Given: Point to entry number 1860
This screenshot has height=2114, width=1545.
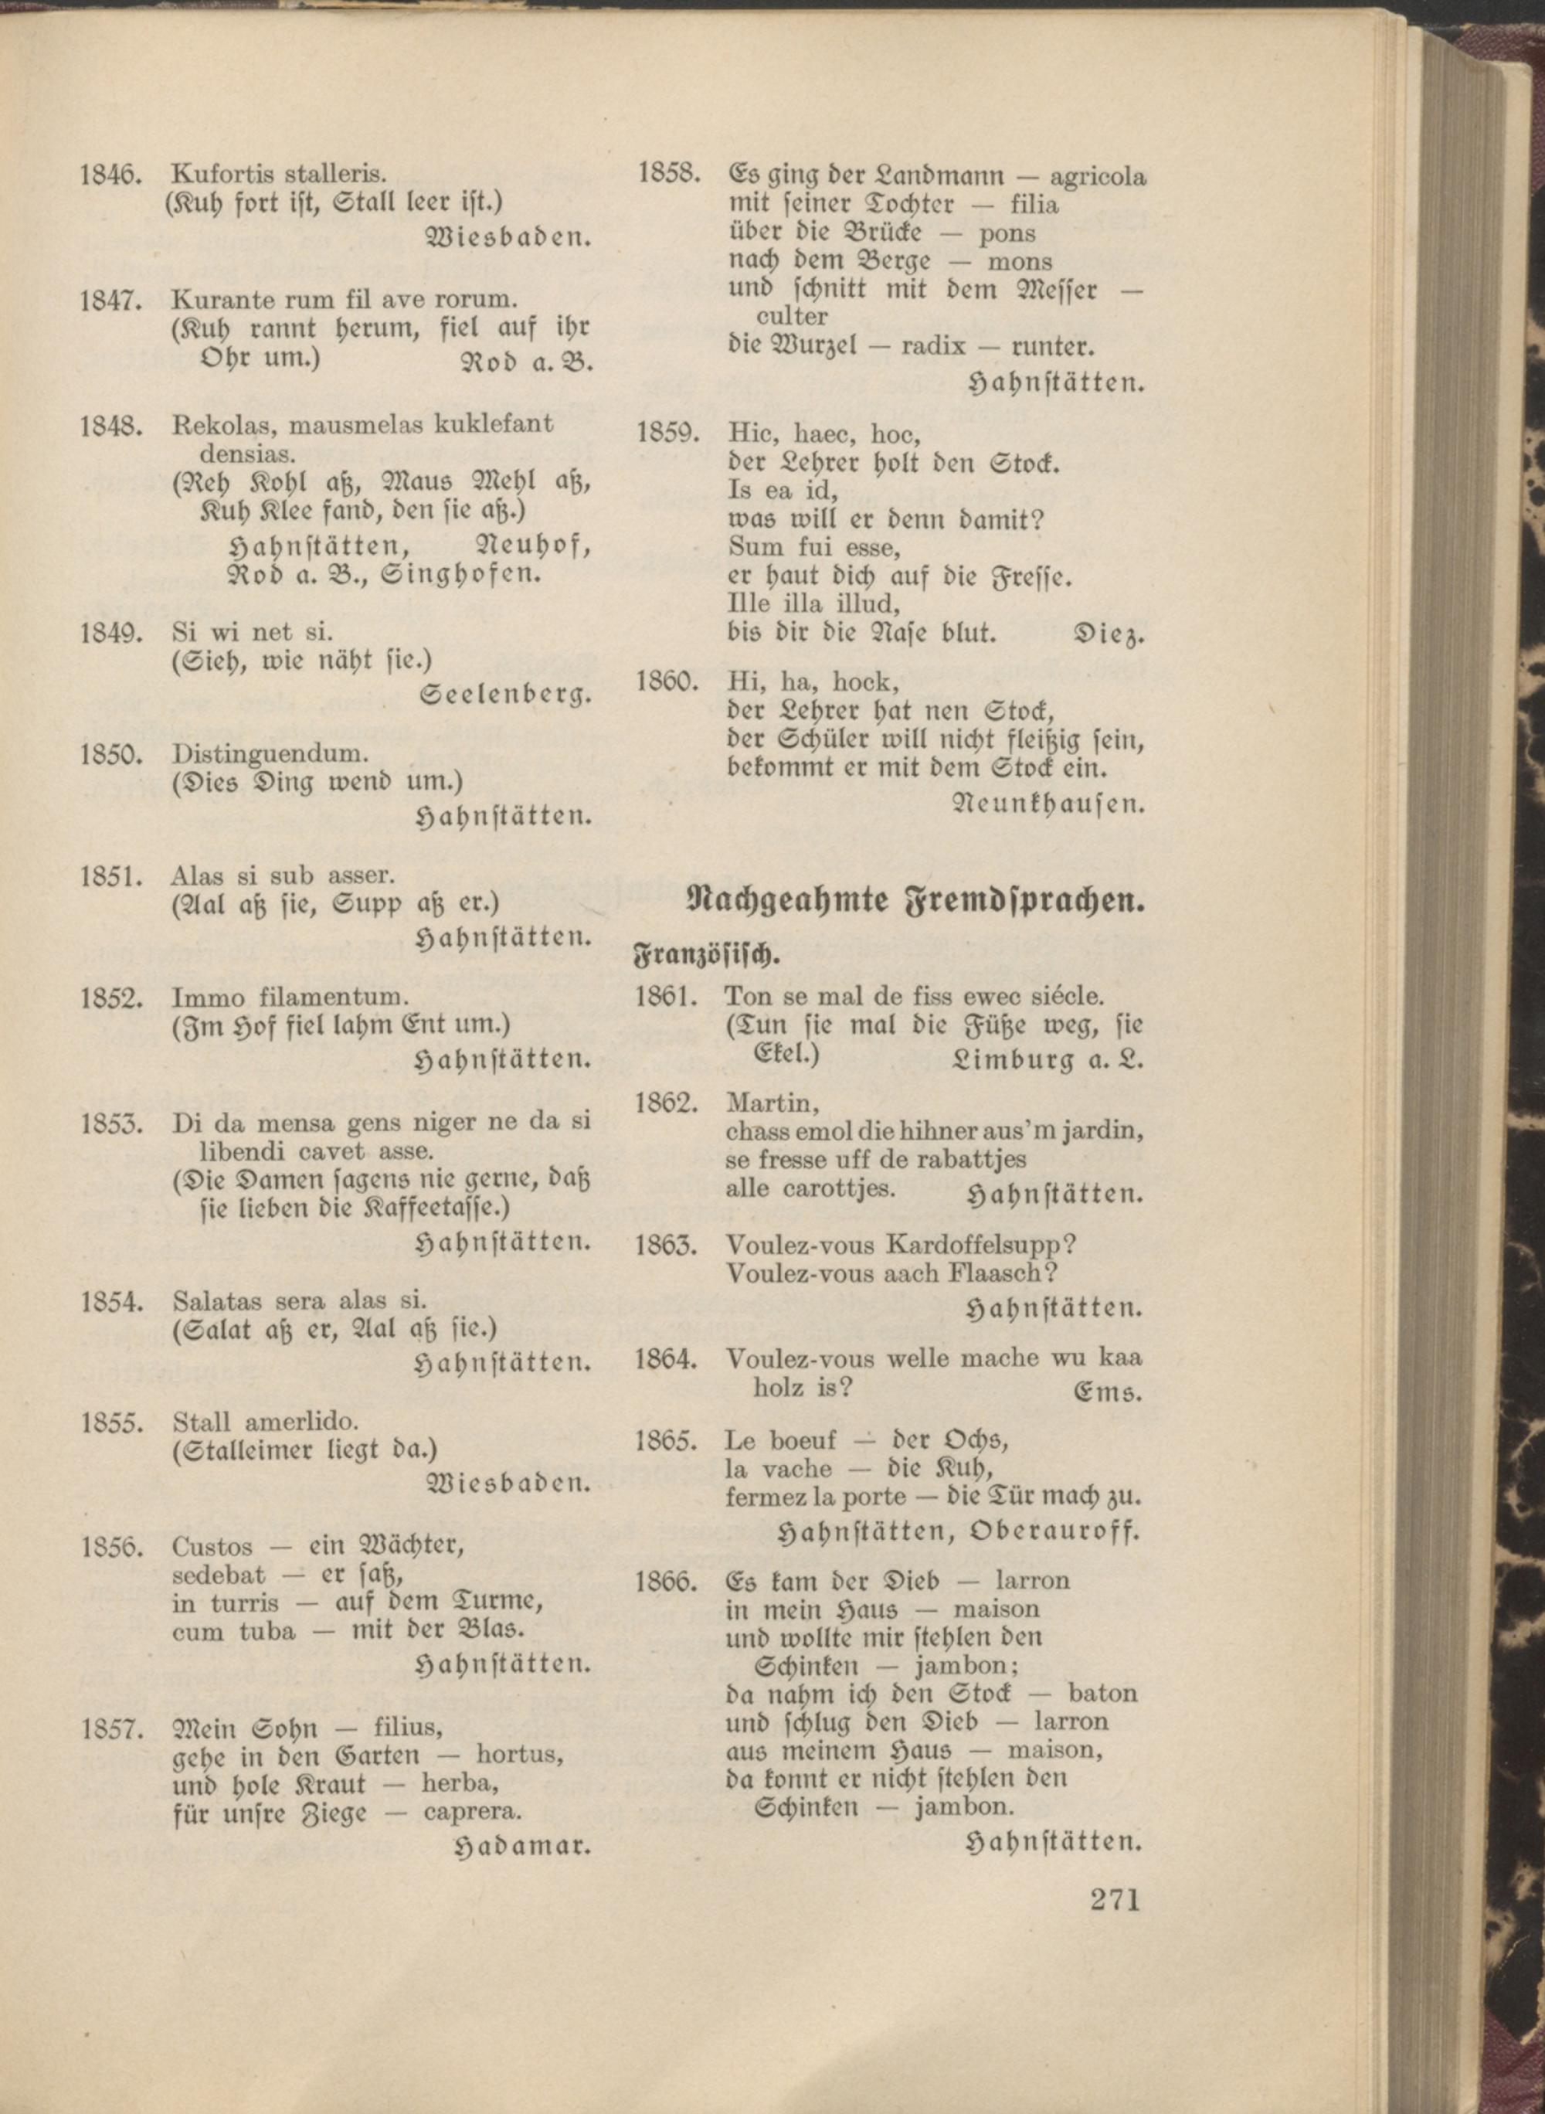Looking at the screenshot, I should [x=667, y=681].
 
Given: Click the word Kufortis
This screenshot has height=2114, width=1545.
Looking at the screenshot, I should [x=217, y=173].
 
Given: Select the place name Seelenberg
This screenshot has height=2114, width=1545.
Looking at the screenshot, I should [x=506, y=695].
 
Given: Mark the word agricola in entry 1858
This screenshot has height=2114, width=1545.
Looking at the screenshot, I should [x=1098, y=176].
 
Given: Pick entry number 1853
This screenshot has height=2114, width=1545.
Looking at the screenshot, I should [x=110, y=1123].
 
